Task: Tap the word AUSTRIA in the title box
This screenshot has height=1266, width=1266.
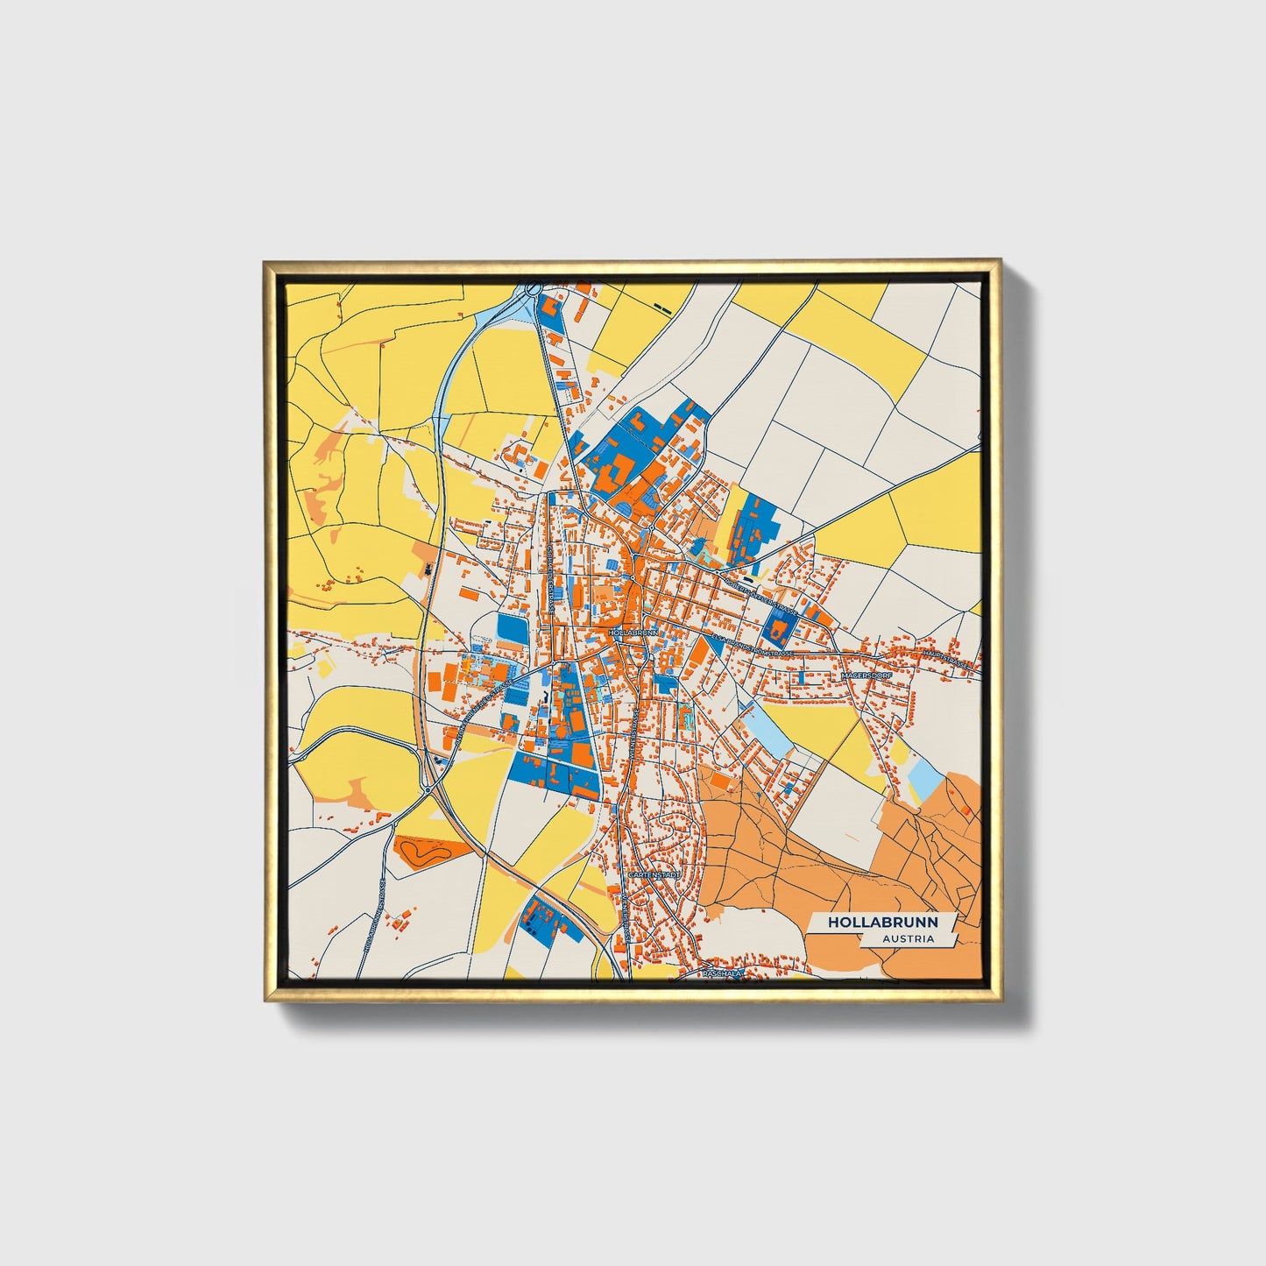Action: pyautogui.click(x=908, y=938)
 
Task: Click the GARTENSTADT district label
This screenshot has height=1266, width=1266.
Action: pyautogui.click(x=654, y=874)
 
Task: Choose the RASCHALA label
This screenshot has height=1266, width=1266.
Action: pyautogui.click(x=722, y=973)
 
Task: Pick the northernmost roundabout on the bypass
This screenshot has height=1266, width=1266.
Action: pyautogui.click(x=533, y=289)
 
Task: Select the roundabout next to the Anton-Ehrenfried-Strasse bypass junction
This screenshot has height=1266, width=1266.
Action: pyautogui.click(x=427, y=789)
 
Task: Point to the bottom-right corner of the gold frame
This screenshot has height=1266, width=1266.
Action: pyautogui.click(x=999, y=1000)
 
